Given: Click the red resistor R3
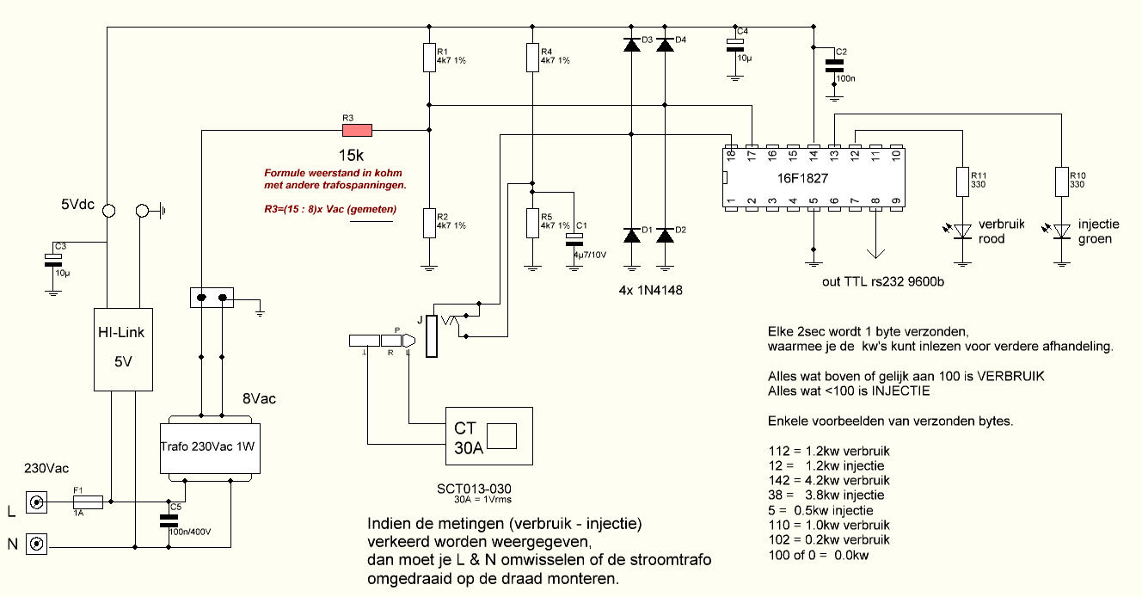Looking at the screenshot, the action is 357,131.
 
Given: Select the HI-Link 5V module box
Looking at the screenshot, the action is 123,349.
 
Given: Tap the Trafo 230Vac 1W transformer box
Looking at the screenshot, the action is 210,448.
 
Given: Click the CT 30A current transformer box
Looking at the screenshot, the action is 489,436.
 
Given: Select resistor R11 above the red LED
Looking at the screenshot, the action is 962,182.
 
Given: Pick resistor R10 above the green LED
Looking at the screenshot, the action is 1062,182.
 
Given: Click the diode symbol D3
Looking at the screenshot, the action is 632,45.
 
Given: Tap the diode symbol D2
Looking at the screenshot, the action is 665,236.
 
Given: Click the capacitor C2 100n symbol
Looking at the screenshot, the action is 834,65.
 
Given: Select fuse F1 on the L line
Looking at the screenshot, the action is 89,502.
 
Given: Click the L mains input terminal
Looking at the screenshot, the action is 36,502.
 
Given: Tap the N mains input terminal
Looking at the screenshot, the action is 36,544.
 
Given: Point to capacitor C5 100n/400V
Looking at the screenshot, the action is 169,520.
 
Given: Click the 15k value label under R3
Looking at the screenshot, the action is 351,155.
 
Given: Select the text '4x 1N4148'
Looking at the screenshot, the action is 650,290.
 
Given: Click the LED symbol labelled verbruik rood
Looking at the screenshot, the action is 962,231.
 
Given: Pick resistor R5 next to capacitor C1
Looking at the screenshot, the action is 532,224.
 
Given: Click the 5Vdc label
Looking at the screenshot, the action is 78,205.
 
